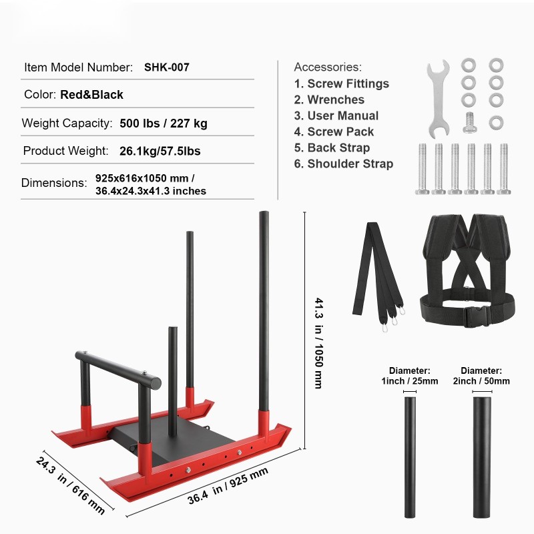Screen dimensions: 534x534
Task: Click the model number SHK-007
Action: pyautogui.click(x=166, y=67)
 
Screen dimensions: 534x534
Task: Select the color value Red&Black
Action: pyautogui.click(x=91, y=95)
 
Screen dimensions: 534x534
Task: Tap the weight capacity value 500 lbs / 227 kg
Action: pyautogui.click(x=164, y=123)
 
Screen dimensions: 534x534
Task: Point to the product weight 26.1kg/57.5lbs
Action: pyautogui.click(x=160, y=151)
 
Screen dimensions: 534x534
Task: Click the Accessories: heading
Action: pyautogui.click(x=328, y=67)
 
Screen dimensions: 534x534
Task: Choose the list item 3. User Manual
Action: pyautogui.click(x=336, y=115)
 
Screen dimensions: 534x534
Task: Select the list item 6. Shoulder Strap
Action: pyautogui.click(x=344, y=164)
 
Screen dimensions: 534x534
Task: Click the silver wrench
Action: pyautogui.click(x=439, y=99)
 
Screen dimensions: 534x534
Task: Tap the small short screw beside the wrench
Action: pyautogui.click(x=470, y=123)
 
